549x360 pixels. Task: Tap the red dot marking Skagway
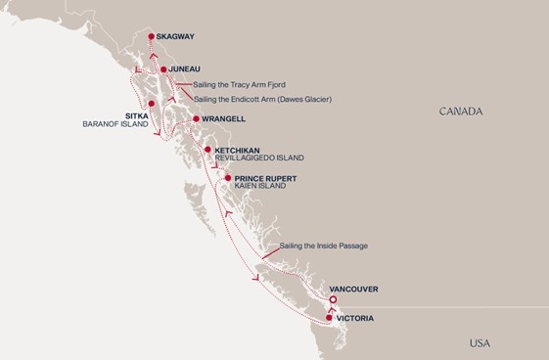pyautogui.click(x=151, y=37)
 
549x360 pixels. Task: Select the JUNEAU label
pyautogui.click(x=185, y=70)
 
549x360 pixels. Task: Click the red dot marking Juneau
pyautogui.click(x=163, y=70)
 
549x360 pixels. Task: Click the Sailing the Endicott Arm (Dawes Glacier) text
pyautogui.click(x=262, y=99)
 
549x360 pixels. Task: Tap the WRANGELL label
pyautogui.click(x=224, y=119)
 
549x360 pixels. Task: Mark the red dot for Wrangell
pyautogui.click(x=197, y=119)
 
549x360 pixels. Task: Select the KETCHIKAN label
pyautogui.click(x=236, y=150)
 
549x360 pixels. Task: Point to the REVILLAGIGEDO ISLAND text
pyautogui.click(x=258, y=157)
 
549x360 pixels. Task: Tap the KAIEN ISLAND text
pyautogui.click(x=260, y=186)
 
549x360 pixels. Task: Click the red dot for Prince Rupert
pyautogui.click(x=227, y=178)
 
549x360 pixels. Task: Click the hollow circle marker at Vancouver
pyautogui.click(x=334, y=299)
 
